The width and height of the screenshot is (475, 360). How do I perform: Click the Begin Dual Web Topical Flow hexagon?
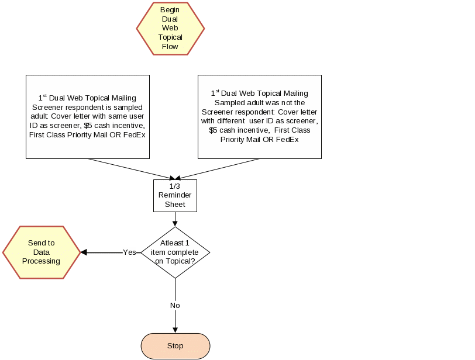[x=170, y=28]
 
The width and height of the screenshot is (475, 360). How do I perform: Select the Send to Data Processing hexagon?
[x=41, y=252]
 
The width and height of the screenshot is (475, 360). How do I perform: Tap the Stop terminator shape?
[x=175, y=346]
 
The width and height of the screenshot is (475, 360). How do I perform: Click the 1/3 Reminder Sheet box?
[x=175, y=195]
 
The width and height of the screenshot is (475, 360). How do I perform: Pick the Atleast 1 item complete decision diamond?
[x=175, y=252]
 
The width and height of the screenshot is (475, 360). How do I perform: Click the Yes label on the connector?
[x=129, y=252]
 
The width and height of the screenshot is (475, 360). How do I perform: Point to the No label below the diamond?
[x=175, y=305]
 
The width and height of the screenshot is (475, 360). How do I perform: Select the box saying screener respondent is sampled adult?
[x=87, y=116]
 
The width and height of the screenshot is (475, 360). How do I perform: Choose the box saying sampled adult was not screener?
[x=259, y=116]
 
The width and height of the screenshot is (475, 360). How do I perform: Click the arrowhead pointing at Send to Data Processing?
[x=84, y=252]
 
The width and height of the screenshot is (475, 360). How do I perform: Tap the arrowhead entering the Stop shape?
[x=175, y=330]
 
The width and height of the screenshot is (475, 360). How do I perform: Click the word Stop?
[x=175, y=346]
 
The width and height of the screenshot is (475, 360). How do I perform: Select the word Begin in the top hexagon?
[x=170, y=10]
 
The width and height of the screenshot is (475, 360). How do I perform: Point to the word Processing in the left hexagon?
[x=41, y=261]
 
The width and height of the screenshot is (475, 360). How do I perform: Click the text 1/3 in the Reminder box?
[x=175, y=186]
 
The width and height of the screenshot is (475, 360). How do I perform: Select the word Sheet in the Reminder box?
[x=175, y=205]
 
